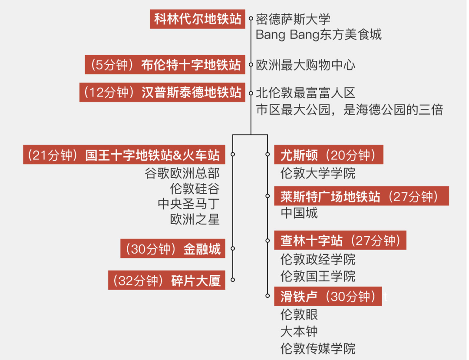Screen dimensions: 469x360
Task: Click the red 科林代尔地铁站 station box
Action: (198, 19)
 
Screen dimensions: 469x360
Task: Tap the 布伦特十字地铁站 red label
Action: (165, 65)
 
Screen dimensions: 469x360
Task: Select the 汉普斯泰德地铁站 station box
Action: (162, 92)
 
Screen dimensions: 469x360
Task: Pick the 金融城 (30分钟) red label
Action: (173, 249)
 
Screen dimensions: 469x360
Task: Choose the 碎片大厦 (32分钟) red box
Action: (167, 281)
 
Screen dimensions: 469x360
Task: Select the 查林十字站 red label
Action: (340, 241)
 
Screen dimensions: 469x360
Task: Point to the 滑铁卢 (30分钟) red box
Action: (328, 297)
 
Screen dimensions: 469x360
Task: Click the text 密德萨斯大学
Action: (293, 20)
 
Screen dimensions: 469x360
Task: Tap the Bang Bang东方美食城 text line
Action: (319, 35)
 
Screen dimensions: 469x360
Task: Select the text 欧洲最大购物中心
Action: (306, 66)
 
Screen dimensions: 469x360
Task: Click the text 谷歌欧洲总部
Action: (182, 173)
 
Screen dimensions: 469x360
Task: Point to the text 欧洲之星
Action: (195, 219)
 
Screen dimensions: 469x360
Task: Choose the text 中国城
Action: (299, 213)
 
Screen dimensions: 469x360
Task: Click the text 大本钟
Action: (299, 331)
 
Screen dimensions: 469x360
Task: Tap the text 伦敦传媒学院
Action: (318, 348)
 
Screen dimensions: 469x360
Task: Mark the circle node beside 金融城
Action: (233, 248)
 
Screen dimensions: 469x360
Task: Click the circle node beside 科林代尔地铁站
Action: (251, 19)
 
